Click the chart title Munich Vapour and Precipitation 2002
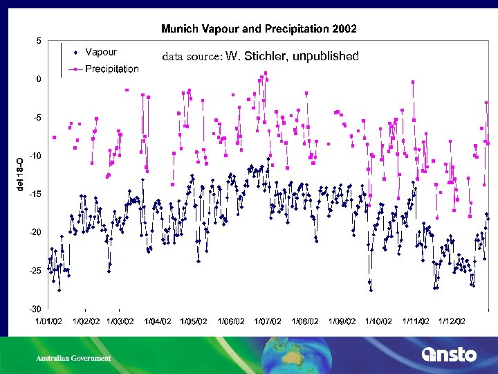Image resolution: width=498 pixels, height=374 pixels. tap(259, 29)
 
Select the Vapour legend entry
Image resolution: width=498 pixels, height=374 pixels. tap(100, 52)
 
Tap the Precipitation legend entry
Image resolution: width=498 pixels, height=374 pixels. tap(111, 69)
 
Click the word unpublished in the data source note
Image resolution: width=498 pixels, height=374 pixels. tap(326, 56)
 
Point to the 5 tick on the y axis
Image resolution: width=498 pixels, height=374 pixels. tap(38, 41)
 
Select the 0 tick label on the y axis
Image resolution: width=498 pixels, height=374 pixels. tap(38, 79)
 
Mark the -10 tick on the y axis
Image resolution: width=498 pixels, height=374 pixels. tap(35, 156)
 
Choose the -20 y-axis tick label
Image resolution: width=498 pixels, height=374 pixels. tap(35, 232)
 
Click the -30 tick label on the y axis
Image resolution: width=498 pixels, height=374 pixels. tap(35, 308)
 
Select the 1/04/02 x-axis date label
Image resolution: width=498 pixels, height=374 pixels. tap(157, 321)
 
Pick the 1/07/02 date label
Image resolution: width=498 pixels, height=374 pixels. tap(268, 321)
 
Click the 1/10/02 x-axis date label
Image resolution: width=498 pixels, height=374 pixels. tap(378, 321)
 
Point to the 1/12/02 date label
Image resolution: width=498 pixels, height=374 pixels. tap(451, 321)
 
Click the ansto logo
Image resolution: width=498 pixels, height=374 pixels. tap(449, 355)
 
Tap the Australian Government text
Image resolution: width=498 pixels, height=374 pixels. tap(73, 358)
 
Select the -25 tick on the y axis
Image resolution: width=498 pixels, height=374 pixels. tap(35, 270)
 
